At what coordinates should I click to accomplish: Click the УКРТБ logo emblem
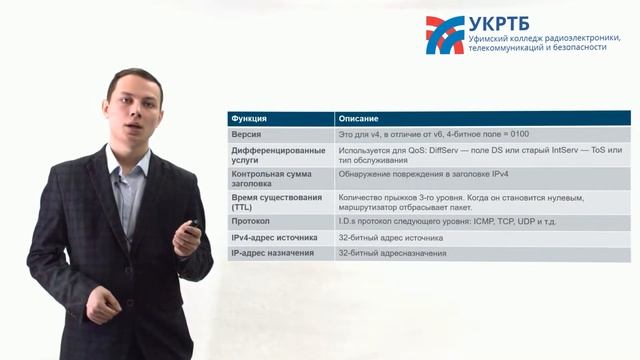click(444, 34)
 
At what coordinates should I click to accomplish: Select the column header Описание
click(358, 118)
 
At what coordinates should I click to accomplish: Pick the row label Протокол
click(251, 220)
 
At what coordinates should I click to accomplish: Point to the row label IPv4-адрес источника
click(274, 237)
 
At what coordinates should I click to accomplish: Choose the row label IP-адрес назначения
click(272, 253)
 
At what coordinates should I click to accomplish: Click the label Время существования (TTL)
click(270, 202)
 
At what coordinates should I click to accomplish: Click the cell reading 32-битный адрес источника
click(390, 237)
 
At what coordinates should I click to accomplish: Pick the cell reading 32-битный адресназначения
click(391, 253)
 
